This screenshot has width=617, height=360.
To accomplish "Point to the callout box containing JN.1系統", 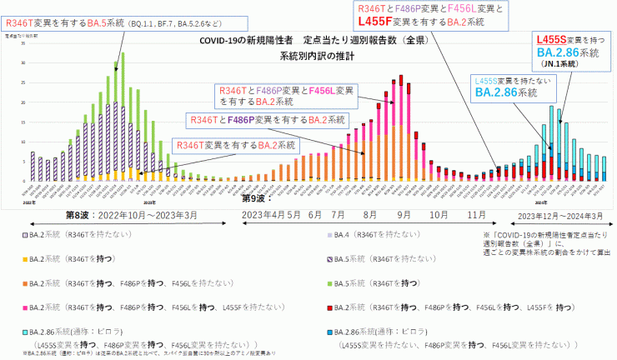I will (567, 51).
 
